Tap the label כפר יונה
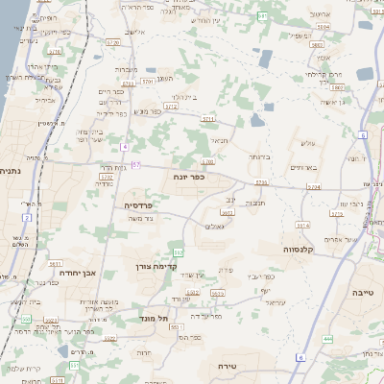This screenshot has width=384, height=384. pyautogui.click(x=190, y=177)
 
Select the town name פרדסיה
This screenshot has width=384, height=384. pyautogui.click(x=146, y=204)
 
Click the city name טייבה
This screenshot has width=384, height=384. pyautogui.click(x=363, y=290)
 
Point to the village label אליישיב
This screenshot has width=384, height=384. pyautogui.click(x=135, y=34)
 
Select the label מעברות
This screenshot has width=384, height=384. pyautogui.click(x=128, y=69)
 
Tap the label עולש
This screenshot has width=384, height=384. pyautogui.click(x=308, y=143)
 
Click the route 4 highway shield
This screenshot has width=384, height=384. pyautogui.click(x=125, y=146)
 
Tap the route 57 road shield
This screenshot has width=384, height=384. pyautogui.click(x=136, y=164)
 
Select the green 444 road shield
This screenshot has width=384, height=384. pyautogui.click(x=328, y=338)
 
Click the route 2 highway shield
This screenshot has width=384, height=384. pyautogui.click(x=27, y=217)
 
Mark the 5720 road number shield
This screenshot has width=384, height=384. pyautogui.click(x=113, y=42)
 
